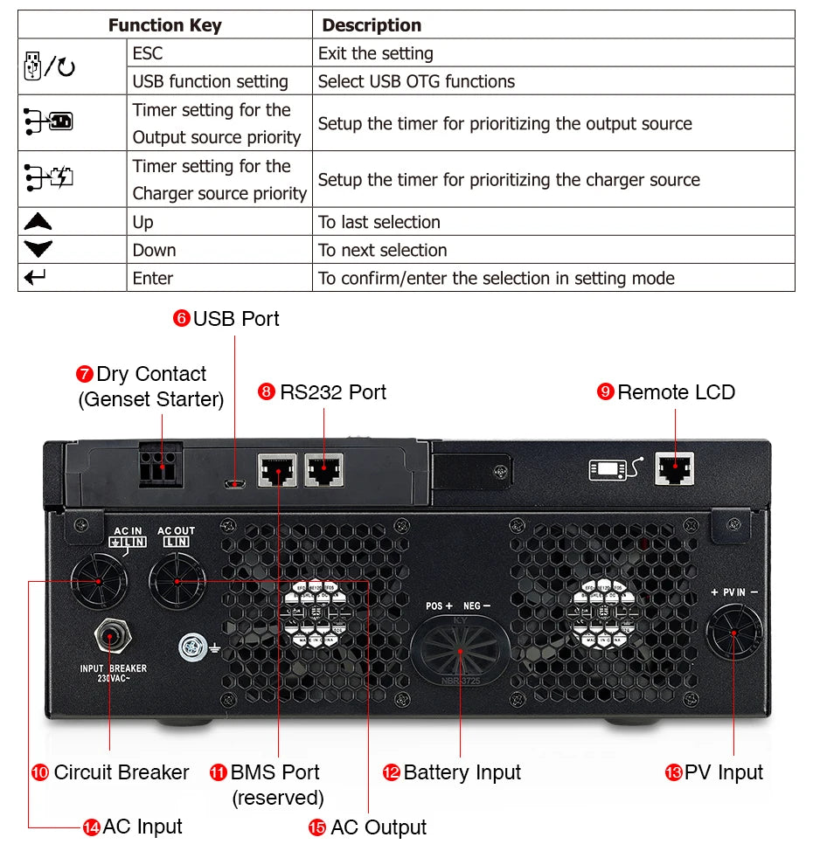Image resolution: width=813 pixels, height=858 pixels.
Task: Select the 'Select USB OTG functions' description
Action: (x=416, y=81)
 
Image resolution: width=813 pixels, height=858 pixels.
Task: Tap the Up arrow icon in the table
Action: (x=38, y=222)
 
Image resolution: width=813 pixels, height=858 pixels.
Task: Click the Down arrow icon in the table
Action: (x=38, y=250)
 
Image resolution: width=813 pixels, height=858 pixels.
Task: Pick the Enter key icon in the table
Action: (x=36, y=278)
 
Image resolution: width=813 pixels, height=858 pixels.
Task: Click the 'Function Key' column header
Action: (x=164, y=24)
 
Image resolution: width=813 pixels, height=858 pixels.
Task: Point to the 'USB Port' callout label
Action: (x=236, y=318)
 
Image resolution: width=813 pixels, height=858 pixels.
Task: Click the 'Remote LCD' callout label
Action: (x=676, y=392)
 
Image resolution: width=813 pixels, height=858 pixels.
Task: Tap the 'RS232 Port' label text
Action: (x=332, y=392)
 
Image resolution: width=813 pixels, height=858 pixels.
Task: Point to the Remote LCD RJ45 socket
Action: (x=675, y=469)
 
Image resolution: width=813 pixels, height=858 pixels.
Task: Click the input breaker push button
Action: (x=109, y=636)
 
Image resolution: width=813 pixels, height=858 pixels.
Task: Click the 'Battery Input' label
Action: (x=462, y=772)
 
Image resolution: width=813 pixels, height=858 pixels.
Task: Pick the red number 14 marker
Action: (x=91, y=827)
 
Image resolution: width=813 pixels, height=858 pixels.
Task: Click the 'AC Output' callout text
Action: (x=378, y=827)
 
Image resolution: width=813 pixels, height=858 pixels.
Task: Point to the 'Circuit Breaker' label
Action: (x=121, y=772)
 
